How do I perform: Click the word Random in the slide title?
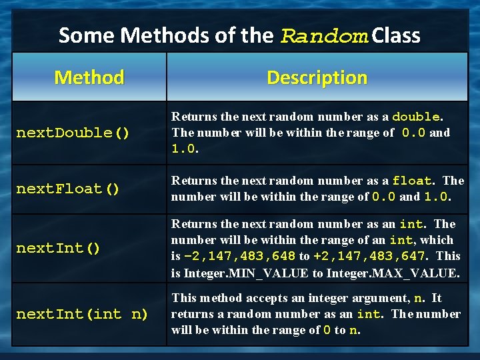324,35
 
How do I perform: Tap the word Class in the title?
396,35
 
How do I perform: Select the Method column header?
89,77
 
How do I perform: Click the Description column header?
317,77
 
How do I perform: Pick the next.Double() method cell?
73,133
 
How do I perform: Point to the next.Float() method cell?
68,189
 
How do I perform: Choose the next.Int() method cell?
59,249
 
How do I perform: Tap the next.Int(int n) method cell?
82,314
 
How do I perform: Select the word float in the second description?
411,181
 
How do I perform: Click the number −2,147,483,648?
239,257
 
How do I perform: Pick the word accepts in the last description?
261,298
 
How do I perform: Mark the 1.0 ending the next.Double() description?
183,149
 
